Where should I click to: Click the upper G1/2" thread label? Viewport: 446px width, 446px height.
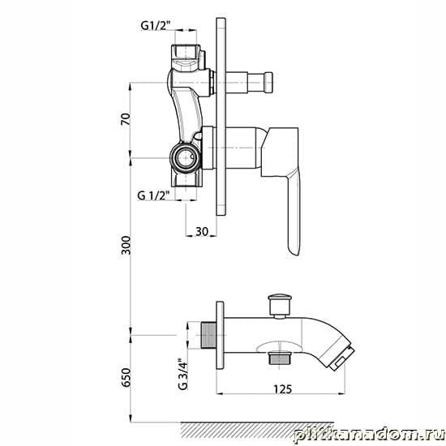click(155, 26)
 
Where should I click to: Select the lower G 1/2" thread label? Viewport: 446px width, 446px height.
click(153, 195)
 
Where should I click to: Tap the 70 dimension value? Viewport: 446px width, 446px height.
click(126, 119)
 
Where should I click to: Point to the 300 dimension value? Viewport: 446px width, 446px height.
click(126, 245)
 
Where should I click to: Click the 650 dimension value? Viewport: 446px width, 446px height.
click(126, 377)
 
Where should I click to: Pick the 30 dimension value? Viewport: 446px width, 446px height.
click(202, 232)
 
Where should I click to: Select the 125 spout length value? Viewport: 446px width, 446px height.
click(282, 388)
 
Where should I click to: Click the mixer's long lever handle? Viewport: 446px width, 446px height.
click(293, 212)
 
